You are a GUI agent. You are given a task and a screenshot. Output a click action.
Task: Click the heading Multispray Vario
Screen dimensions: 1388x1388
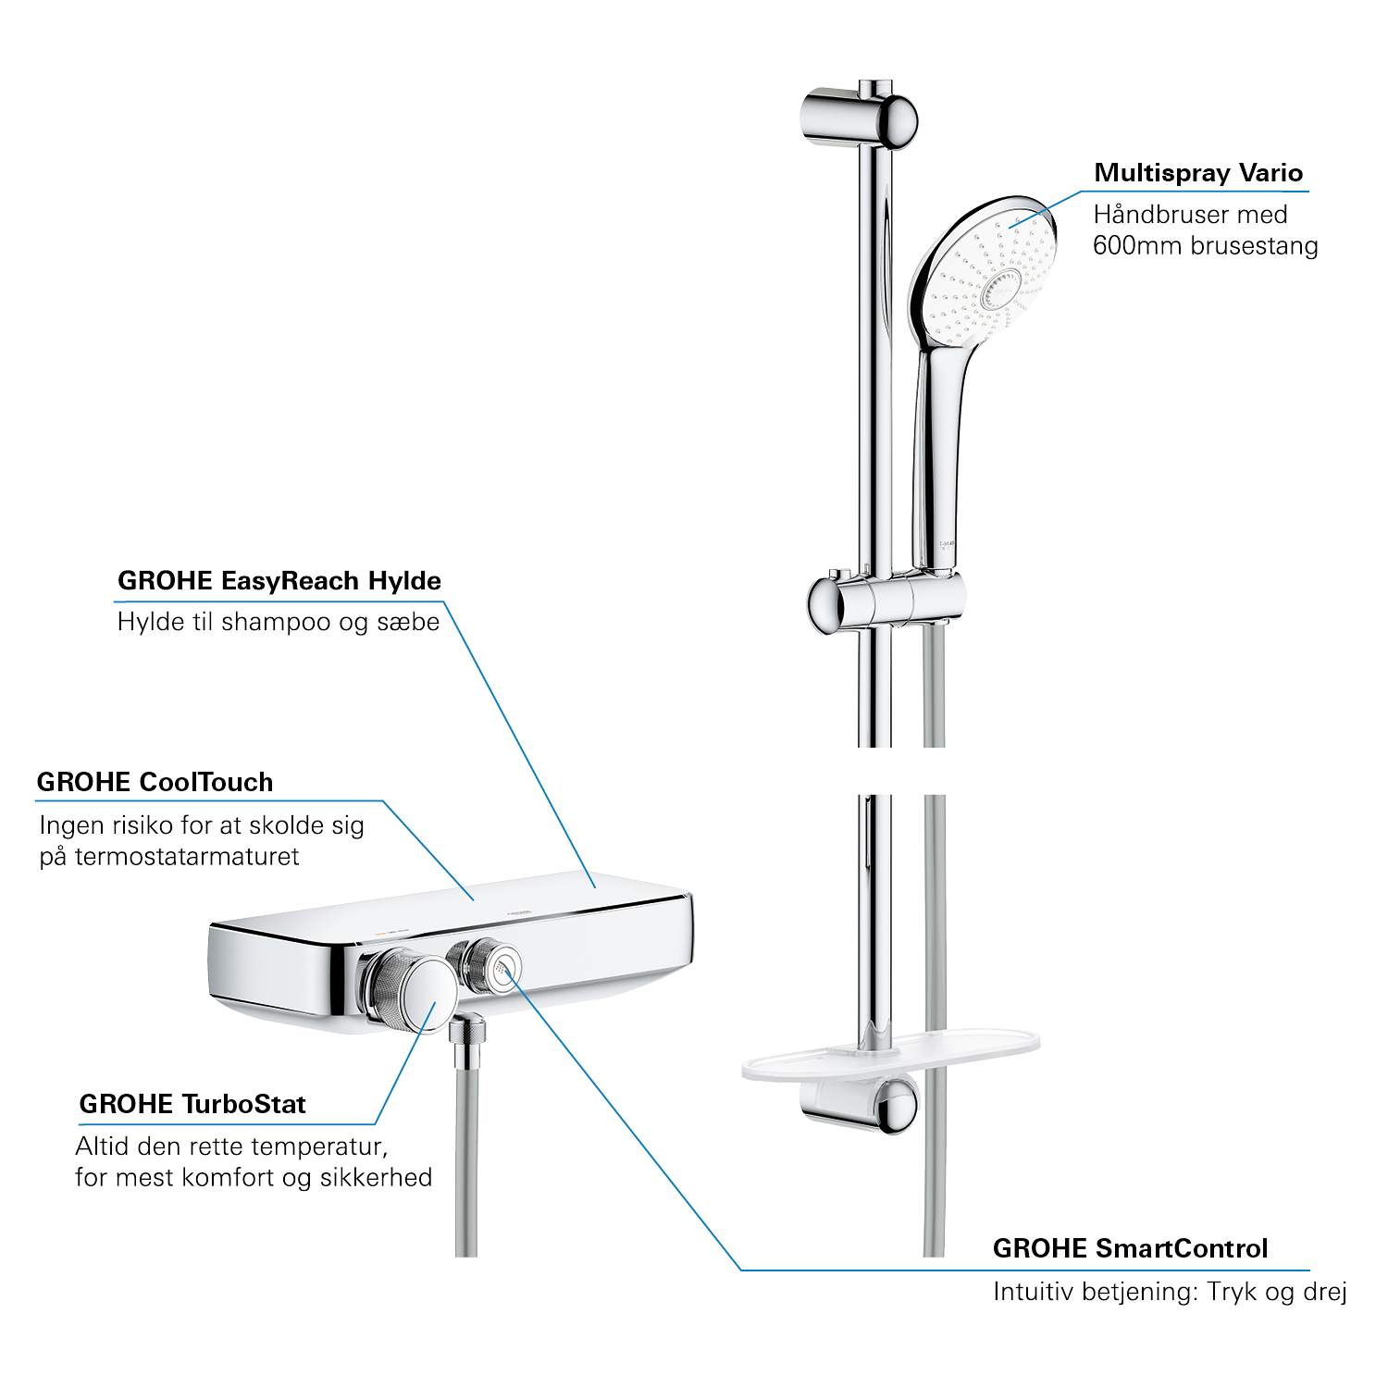coord(1198,173)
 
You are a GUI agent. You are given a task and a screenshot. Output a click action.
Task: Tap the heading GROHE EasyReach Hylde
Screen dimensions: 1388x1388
coord(279,581)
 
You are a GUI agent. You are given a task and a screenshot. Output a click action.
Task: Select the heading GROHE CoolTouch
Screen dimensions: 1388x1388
coord(155,782)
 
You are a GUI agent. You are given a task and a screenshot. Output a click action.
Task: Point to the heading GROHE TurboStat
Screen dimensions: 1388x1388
coord(192,1104)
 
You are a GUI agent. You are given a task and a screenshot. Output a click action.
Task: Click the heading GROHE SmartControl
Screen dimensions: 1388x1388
coord(1130,1248)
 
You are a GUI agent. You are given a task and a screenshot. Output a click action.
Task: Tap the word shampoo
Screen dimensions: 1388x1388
coord(277,623)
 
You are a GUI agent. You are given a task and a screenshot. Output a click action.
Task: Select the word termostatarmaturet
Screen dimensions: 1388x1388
coord(187,857)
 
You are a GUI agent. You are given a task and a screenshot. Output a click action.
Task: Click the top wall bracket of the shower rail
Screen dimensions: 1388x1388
coord(858,118)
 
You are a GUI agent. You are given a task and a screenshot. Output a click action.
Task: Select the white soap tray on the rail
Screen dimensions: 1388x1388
coord(890,1055)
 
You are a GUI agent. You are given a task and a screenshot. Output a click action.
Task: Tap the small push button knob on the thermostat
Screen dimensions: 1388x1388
coord(485,964)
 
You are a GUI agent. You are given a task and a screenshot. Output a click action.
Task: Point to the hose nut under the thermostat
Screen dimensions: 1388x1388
coord(468,1031)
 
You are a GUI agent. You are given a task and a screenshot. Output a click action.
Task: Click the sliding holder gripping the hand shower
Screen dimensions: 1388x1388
coord(886,601)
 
